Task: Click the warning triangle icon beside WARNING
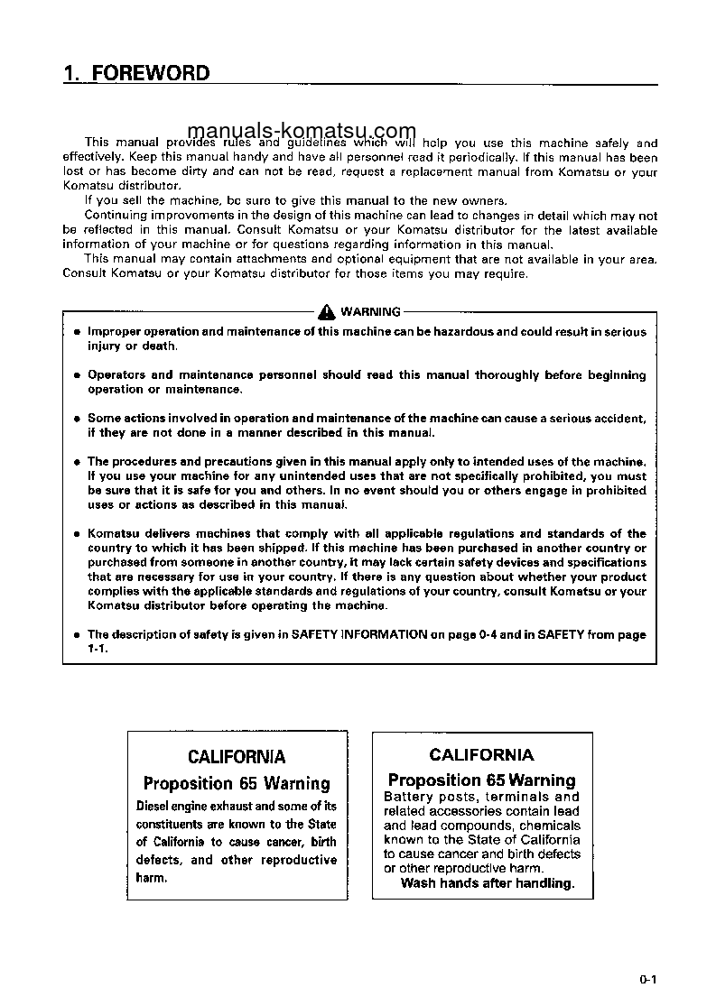tap(326, 311)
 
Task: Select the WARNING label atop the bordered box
tap(370, 312)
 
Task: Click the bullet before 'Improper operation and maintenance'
tap(77, 332)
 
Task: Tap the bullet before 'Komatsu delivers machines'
tap(77, 534)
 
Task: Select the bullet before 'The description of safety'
tap(77, 635)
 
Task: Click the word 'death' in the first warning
tap(159, 346)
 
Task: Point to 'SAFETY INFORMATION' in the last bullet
tap(359, 635)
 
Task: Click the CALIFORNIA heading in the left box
tap(237, 757)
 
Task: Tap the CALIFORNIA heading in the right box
tap(481, 755)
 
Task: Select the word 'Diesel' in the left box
tap(154, 807)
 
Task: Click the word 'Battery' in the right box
tap(410, 797)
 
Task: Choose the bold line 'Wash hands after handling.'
tap(488, 883)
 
